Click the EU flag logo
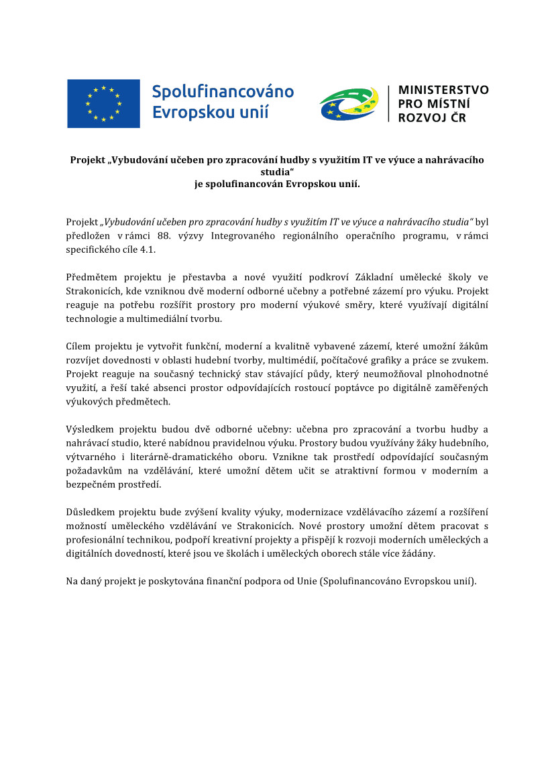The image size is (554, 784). pos(103,103)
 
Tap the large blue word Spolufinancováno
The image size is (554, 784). pos(223,91)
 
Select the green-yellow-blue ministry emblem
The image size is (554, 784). pos(349,104)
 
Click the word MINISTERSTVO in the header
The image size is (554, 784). pos(443,90)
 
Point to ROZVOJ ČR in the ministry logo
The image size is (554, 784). pos(432,118)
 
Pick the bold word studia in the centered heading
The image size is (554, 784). pos(276,171)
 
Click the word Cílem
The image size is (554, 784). pos(79,346)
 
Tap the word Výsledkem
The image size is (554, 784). pos(91,429)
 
